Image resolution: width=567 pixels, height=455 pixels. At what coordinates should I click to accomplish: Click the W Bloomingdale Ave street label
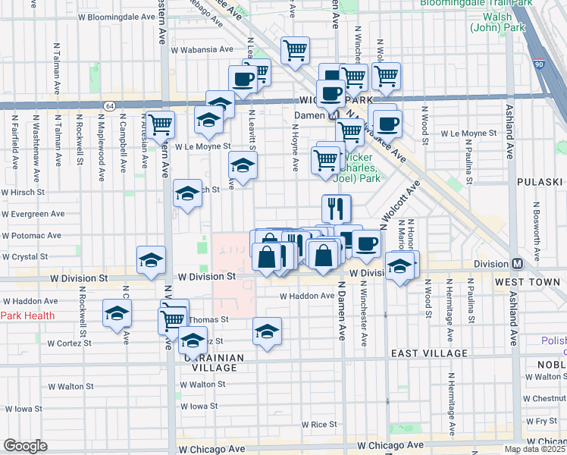[116, 17]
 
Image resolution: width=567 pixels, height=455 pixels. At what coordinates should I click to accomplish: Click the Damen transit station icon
[331, 116]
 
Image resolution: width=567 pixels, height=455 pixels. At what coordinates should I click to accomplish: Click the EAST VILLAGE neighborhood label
[431, 354]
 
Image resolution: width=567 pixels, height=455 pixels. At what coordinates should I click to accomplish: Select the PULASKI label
[541, 183]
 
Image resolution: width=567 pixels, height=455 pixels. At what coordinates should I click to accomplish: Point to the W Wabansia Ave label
[202, 50]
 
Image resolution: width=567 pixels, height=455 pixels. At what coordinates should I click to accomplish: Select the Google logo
[25, 446]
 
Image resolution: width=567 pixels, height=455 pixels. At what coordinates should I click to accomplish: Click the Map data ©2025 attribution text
[534, 449]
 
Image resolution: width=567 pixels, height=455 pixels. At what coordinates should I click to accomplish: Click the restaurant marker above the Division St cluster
[336, 207]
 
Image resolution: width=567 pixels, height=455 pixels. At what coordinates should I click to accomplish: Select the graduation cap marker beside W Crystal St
[151, 259]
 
